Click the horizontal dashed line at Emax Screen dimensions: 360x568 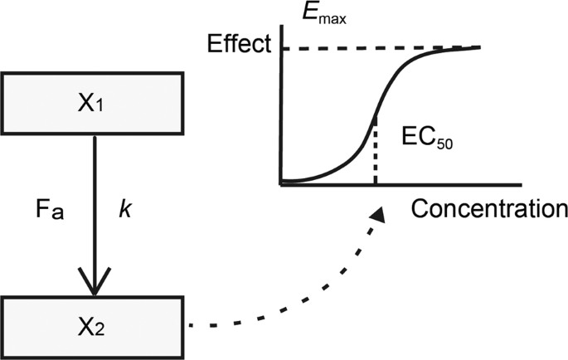pos(348,49)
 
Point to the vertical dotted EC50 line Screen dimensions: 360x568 pos(376,153)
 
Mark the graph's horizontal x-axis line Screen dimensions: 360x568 pos(415,184)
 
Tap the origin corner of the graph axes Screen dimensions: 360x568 pos(283,183)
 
